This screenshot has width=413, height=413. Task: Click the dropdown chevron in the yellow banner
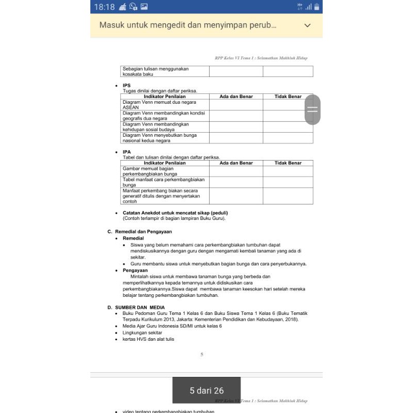point(308,25)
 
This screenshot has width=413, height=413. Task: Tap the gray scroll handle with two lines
point(312,109)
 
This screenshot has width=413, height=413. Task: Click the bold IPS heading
point(126,85)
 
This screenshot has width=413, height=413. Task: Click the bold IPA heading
point(126,152)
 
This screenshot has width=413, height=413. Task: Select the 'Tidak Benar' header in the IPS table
point(288,97)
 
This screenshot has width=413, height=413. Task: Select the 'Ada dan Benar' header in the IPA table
point(236,163)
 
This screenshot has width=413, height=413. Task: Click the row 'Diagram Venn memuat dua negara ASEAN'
point(165,105)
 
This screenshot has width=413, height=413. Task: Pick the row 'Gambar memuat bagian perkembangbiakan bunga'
point(165,171)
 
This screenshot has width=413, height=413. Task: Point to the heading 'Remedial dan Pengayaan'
point(144,232)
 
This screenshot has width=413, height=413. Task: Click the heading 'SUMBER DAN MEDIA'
point(140,307)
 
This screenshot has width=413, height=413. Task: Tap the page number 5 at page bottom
point(202,354)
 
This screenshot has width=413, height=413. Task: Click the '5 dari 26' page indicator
point(206,391)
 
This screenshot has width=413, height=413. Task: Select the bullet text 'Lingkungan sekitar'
point(138,333)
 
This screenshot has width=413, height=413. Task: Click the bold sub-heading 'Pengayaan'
point(135,270)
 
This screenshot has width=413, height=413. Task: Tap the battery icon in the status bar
point(316,7)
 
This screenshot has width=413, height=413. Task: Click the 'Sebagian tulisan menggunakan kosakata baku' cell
point(165,71)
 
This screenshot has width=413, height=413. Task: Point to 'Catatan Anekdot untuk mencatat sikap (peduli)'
point(175,213)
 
